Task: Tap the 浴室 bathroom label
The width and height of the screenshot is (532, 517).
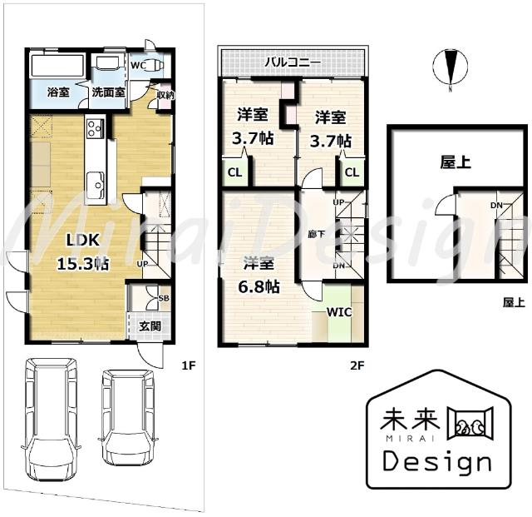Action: pos(57,92)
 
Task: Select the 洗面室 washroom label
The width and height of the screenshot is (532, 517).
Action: pos(107,92)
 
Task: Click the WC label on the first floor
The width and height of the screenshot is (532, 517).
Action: pos(137,65)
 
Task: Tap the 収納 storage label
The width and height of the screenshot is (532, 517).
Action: pos(165,95)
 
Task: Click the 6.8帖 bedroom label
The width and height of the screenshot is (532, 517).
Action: pos(259,252)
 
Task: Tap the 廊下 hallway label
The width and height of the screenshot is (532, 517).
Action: pos(316,234)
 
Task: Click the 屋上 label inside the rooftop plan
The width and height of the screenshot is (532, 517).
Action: pos(456,163)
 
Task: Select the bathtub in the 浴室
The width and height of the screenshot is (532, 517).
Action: pos(57,66)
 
